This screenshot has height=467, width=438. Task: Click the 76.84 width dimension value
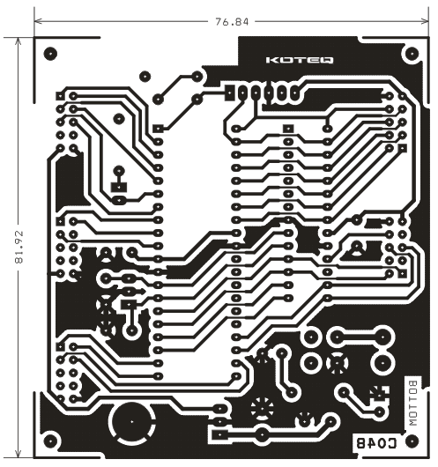(232, 22)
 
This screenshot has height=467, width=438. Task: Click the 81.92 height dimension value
(19, 248)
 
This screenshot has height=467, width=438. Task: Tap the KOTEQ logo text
(300, 60)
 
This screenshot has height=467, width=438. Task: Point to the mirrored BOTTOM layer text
(413, 404)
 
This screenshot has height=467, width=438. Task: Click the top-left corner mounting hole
(50, 54)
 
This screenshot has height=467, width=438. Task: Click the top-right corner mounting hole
(412, 54)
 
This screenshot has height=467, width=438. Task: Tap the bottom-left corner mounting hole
(50, 441)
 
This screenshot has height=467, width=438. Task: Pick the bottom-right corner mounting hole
(412, 441)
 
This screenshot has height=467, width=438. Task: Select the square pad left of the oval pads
(229, 93)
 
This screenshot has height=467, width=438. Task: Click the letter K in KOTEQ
(271, 60)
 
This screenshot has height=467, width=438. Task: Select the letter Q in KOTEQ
(327, 60)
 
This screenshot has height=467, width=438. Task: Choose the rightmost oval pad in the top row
(294, 93)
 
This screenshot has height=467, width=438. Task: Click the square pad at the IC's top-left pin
(158, 129)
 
